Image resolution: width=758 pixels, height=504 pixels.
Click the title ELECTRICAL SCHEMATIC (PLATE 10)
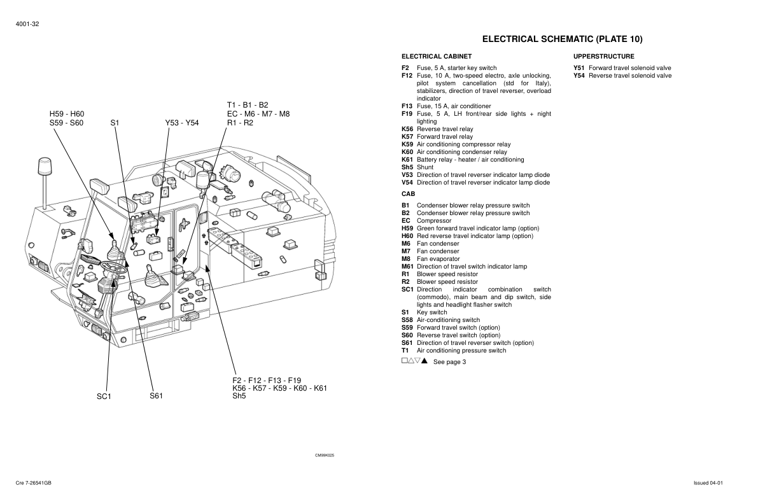pos(562,39)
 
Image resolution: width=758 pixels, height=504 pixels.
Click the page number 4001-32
pos(27,24)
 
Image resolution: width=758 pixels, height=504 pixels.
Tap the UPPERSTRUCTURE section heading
pos(603,57)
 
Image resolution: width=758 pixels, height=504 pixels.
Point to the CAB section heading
pos(408,193)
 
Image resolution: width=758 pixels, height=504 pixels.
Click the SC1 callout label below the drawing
pos(104,396)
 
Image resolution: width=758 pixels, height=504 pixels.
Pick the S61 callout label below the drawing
pos(157,396)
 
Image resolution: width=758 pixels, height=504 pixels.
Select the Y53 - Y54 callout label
pos(181,123)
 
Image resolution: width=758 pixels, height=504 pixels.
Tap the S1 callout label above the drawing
pos(115,123)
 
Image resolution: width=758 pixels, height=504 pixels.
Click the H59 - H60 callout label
pos(67,114)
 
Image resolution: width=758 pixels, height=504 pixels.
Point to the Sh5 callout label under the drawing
pos(239,396)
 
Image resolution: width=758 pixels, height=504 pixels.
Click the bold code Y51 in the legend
pos(579,68)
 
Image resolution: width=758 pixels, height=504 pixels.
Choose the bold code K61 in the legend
pos(407,160)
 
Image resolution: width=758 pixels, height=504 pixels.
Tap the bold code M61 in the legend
pos(408,267)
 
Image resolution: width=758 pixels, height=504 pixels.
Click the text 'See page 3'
pos(449,362)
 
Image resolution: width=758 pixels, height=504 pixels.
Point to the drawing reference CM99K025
pos(325,456)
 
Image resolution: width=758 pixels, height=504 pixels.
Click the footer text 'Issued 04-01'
pos(708,483)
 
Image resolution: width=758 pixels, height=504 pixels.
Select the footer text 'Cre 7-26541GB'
pos(34,483)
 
